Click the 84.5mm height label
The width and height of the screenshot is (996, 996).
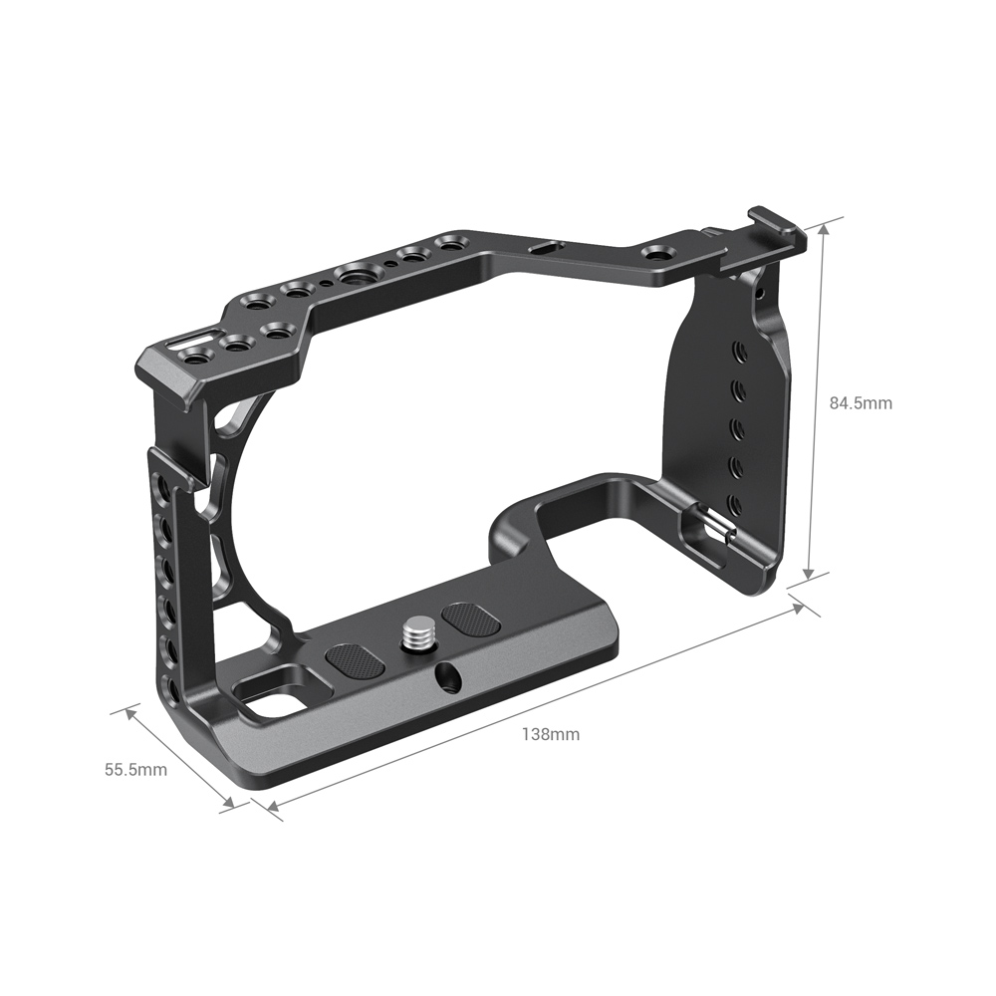pyautogui.click(x=861, y=403)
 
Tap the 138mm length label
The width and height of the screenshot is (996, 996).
pyautogui.click(x=551, y=735)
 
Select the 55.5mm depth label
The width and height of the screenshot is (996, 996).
pyautogui.click(x=135, y=770)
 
